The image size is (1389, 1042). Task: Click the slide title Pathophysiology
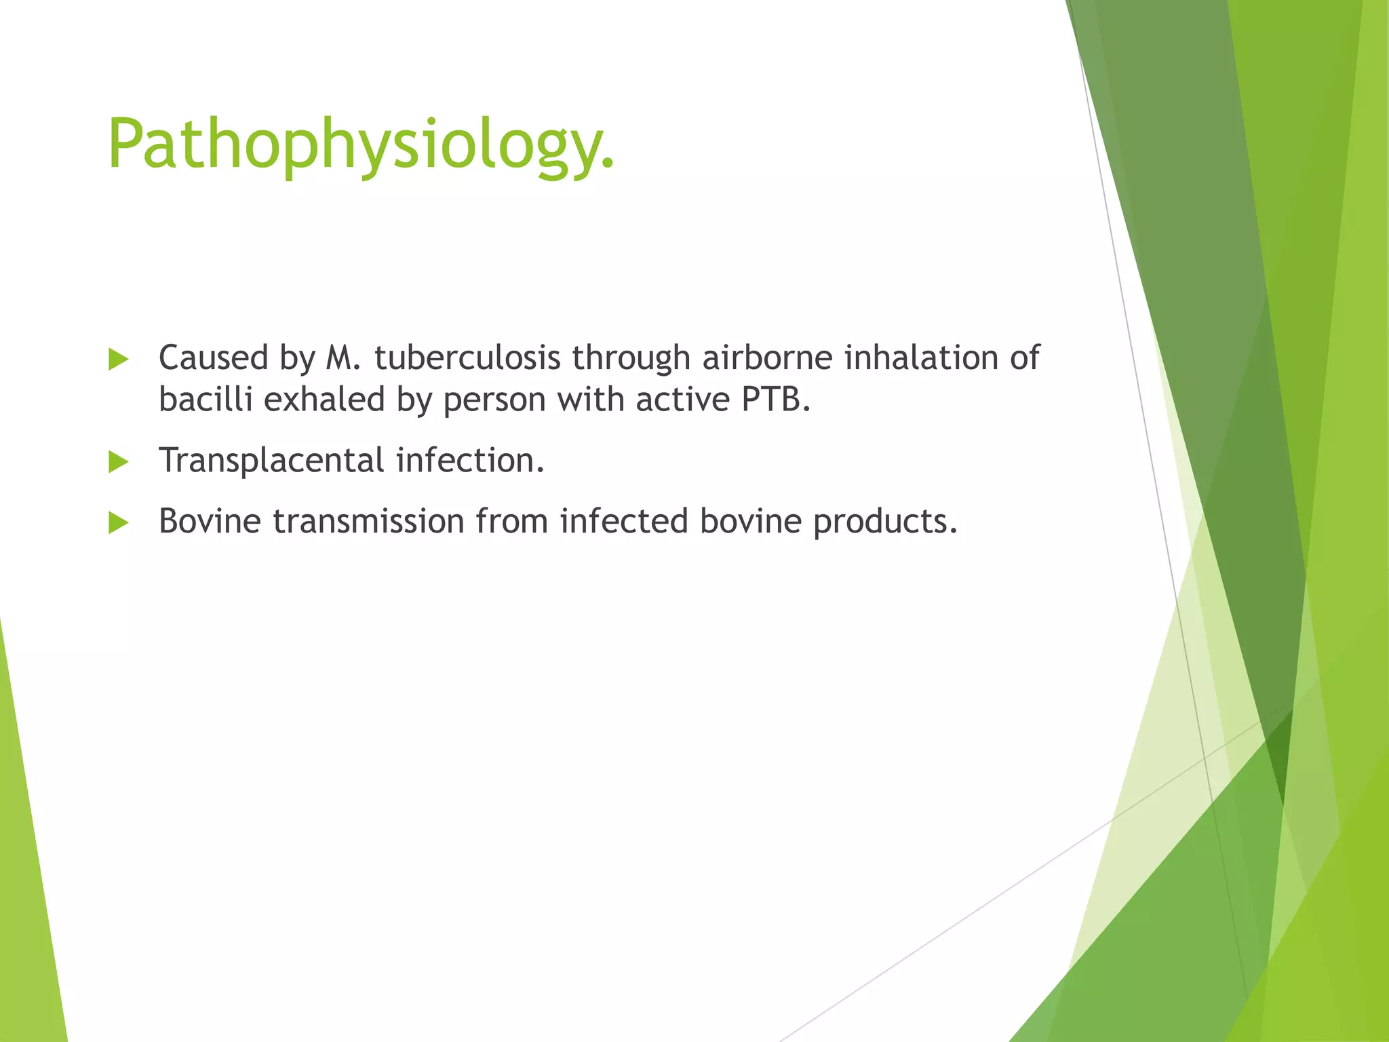click(x=360, y=144)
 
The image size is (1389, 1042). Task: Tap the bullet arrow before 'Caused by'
click(x=118, y=360)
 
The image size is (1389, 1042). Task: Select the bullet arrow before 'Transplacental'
click(x=118, y=463)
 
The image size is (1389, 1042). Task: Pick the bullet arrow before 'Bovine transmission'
click(x=118, y=523)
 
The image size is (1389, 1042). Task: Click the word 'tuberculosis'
click(x=467, y=358)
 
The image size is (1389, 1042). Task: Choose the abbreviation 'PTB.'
click(x=776, y=399)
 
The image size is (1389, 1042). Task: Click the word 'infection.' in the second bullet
click(x=470, y=460)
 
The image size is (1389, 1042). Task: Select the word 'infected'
click(x=624, y=521)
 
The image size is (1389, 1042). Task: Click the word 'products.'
click(x=885, y=522)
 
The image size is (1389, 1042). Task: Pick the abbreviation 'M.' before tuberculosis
click(x=343, y=358)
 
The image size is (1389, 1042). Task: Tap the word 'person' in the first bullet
click(x=494, y=400)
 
